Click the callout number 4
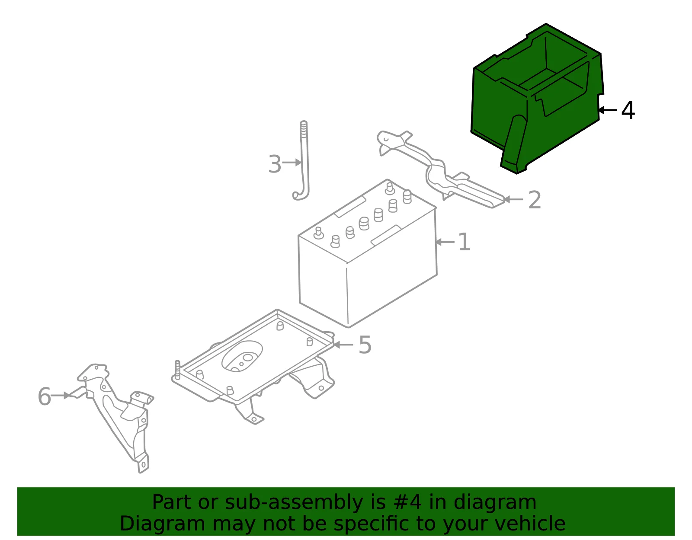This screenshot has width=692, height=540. point(628,110)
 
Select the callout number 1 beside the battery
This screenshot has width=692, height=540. point(464,242)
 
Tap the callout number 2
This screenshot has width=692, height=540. point(535,200)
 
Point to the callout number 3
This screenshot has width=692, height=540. point(275,164)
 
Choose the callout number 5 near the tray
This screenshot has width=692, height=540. point(365,345)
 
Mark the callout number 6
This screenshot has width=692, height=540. point(44,396)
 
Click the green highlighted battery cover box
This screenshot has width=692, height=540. point(537,99)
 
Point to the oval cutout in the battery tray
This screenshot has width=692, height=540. point(242,356)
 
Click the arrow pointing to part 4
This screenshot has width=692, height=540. point(608,110)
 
